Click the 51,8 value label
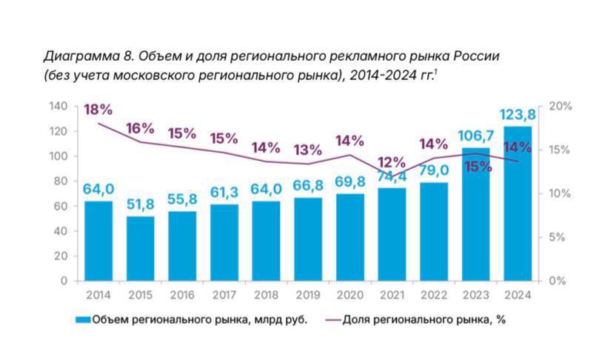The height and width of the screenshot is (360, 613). coord(140,204)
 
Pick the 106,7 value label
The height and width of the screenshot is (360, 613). coord(475,136)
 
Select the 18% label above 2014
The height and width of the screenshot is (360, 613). coord(98,110)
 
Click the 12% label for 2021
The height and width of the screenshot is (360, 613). coord(391,162)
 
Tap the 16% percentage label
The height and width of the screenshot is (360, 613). coord(140,128)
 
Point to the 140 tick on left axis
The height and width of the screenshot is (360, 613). coord(58,107)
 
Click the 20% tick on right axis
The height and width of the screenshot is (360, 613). coord(561,107)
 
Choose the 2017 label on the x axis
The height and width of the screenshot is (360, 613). coord(224,295)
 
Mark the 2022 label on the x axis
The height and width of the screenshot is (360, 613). coord(433,295)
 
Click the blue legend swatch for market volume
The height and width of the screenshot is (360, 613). coord(81,320)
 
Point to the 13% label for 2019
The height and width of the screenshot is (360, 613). coord(307,150)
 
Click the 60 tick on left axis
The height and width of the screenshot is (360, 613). coord(61,207)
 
